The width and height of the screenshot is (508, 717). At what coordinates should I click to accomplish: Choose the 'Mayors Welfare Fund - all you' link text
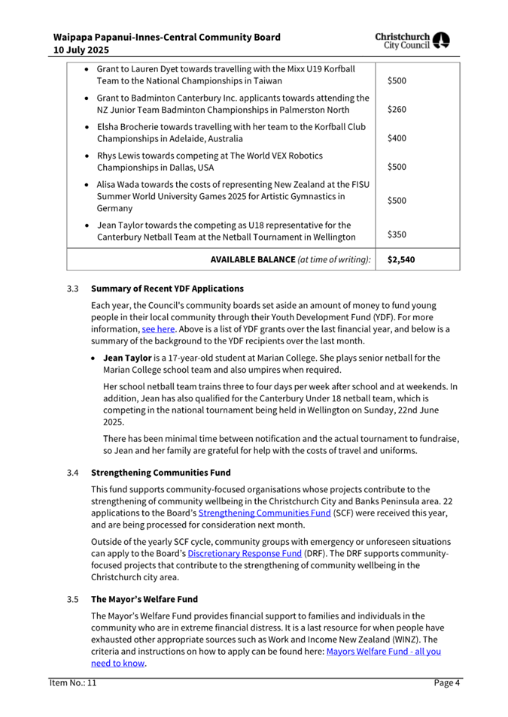coord(383,652)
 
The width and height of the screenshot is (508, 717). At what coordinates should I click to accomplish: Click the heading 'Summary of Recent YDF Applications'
coord(167,289)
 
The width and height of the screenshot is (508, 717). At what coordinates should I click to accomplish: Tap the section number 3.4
coord(72,473)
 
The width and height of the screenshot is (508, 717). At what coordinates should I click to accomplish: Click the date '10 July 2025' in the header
coord(81,50)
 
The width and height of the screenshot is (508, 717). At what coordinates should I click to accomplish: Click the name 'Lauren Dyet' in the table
coord(157,69)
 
